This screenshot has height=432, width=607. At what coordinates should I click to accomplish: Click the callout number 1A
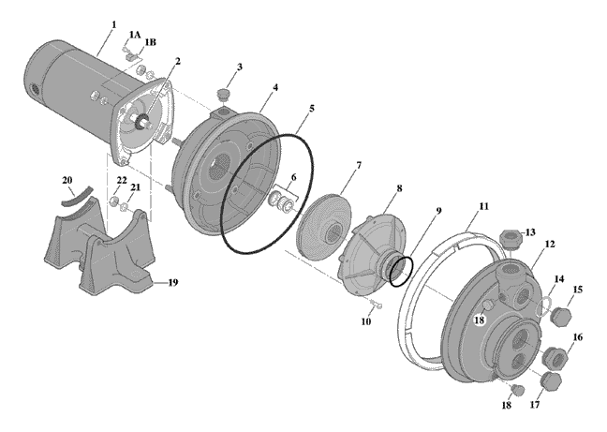pyautogui.click(x=135, y=35)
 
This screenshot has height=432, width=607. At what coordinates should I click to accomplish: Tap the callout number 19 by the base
pyautogui.click(x=172, y=283)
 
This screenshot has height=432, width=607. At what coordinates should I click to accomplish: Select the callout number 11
pyautogui.click(x=483, y=206)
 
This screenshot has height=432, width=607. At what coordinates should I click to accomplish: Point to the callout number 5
pyautogui.click(x=311, y=109)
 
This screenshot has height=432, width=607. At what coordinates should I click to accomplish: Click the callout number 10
pyautogui.click(x=366, y=321)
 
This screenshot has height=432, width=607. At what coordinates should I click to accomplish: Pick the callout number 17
pyautogui.click(x=535, y=405)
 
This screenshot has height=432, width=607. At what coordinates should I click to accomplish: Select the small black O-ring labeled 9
pyautogui.click(x=401, y=272)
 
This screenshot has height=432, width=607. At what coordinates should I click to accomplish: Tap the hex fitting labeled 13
pyautogui.click(x=511, y=238)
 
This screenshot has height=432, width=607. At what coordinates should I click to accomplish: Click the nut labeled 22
pyautogui.click(x=113, y=201)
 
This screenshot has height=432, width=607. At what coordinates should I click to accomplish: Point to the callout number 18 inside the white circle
pyautogui.click(x=480, y=320)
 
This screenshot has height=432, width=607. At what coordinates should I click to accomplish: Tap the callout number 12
pyautogui.click(x=550, y=244)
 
